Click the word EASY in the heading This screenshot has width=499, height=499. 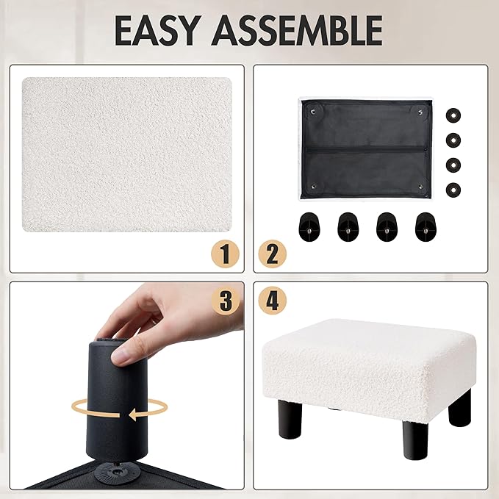coord(156,31)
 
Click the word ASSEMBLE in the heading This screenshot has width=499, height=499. coord(297,31)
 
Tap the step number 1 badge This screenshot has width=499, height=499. coord(225,254)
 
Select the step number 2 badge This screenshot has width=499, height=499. coord(272,254)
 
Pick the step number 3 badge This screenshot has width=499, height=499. coord(226,301)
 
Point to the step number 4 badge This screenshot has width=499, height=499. coord(272,301)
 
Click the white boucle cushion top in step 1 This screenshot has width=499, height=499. coord(127,154)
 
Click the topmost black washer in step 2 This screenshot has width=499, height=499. coord(453,115)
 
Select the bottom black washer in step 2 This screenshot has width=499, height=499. coord(453,190)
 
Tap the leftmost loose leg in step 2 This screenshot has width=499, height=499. coord(309,227)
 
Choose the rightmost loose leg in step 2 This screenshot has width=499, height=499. coord(426,227)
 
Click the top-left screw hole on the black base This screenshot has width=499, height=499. coord(313,112)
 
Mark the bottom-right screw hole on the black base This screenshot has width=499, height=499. coord(420,187)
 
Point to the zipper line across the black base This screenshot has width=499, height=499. coord(366,149)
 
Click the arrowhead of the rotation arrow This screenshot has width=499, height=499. coord(134,415)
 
